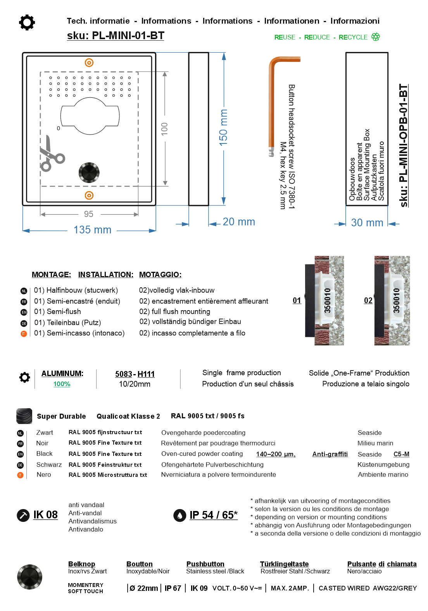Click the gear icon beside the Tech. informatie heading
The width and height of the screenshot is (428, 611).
pos(27,22)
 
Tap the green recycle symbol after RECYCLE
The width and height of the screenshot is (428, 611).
pos(375,37)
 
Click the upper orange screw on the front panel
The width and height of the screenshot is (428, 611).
pos(89,63)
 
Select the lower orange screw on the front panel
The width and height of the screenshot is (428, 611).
pos(89,195)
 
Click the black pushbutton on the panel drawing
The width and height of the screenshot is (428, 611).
pos(89,173)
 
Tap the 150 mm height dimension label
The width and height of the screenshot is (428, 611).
pos(224,128)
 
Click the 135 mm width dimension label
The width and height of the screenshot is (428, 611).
pos(92,230)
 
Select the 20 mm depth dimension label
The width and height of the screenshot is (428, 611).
pos(238,222)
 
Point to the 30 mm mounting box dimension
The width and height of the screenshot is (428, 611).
pos(367,223)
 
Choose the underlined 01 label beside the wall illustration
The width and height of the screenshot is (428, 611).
pos(297,300)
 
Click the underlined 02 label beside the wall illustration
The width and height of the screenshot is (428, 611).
pos(368,300)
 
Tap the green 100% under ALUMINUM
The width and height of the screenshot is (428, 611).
pos(62,384)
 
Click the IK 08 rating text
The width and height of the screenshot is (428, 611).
pos(45,515)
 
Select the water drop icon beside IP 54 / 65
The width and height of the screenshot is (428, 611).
pos(179,515)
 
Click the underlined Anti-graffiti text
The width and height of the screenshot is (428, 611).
pos(330,454)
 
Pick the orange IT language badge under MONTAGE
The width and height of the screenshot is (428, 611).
pos(24,333)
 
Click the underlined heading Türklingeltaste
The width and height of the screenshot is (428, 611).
pos(284,564)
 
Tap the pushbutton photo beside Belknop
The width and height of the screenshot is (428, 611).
pos(29,577)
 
